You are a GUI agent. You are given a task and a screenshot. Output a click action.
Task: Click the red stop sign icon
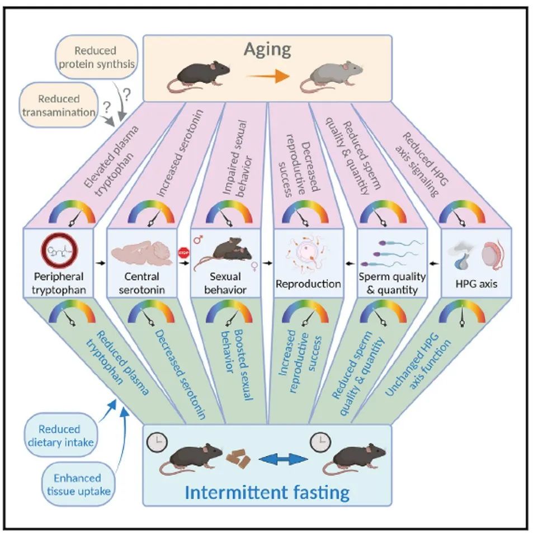(183, 253)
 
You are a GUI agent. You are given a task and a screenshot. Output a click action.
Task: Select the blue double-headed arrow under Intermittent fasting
(283, 460)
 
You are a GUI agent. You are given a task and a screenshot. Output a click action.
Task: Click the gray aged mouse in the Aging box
(331, 77)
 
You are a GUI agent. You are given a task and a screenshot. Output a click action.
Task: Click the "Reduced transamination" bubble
(59, 105)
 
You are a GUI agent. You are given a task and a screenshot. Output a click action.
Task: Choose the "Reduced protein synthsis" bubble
(97, 57)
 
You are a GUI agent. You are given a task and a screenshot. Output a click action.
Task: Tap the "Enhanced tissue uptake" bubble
(78, 484)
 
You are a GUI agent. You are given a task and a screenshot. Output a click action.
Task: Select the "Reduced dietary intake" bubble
(60, 435)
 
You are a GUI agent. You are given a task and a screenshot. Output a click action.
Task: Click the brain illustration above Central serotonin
(141, 254)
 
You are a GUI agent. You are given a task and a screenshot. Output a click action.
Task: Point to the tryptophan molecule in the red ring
(59, 250)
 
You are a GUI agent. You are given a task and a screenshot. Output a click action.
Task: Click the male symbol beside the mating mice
(197, 239)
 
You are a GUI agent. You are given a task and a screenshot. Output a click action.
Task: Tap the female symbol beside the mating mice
(254, 266)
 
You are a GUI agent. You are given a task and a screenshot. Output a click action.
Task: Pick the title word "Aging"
(267, 50)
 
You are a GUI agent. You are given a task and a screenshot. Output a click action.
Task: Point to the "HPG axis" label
(477, 284)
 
